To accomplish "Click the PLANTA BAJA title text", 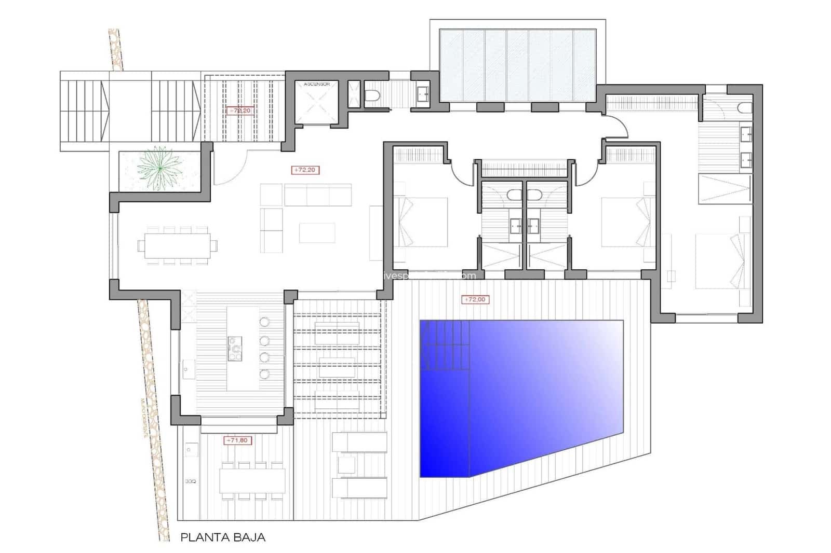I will pos(223,537).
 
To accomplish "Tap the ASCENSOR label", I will pos(317,84).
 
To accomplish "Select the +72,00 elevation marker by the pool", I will pos(475,299).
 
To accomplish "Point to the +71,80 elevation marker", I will pos(237,440).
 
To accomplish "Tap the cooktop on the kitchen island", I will pos(235,348).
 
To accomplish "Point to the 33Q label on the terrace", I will pos(191,481).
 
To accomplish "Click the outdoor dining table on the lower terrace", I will pos(252,480).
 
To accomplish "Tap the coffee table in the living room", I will pos(317,233).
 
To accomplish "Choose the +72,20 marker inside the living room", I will pos(306,170).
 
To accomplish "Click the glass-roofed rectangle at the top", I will pos(517,65).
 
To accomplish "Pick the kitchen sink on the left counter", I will pos(186,369).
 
